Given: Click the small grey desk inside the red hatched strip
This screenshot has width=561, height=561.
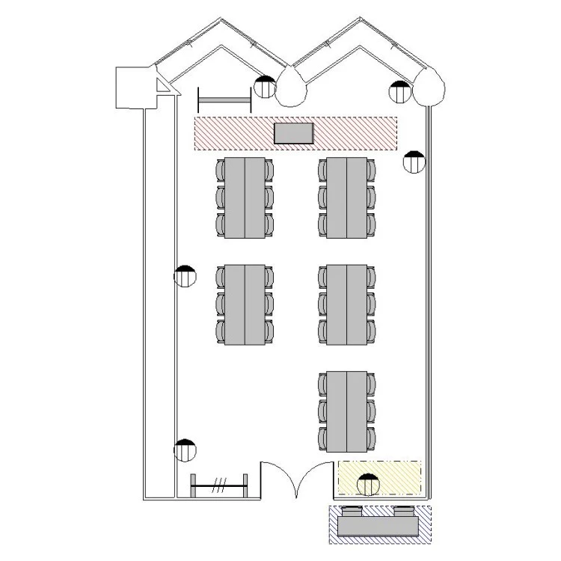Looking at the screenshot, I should [294, 133].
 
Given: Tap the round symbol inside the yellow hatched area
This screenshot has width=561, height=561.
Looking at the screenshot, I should [367, 484].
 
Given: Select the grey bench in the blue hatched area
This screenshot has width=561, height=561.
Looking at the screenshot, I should [378, 526].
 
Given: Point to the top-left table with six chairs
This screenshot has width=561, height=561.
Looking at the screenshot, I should [245, 198].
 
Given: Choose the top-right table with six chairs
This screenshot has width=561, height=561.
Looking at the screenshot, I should [346, 198].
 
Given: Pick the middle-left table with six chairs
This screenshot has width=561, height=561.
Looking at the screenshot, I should [245, 304].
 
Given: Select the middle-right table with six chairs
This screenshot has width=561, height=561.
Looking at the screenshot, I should [346, 304].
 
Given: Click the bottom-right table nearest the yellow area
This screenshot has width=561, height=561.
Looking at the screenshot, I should [346, 411].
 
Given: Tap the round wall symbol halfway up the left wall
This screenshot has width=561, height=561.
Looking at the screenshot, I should [185, 277].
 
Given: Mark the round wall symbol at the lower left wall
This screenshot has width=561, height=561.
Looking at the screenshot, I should [185, 450].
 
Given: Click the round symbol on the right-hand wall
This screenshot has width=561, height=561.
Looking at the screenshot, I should [414, 162].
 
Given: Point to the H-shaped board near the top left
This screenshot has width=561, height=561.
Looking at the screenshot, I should [224, 99].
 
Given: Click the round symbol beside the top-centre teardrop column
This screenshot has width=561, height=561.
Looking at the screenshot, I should [264, 87].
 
